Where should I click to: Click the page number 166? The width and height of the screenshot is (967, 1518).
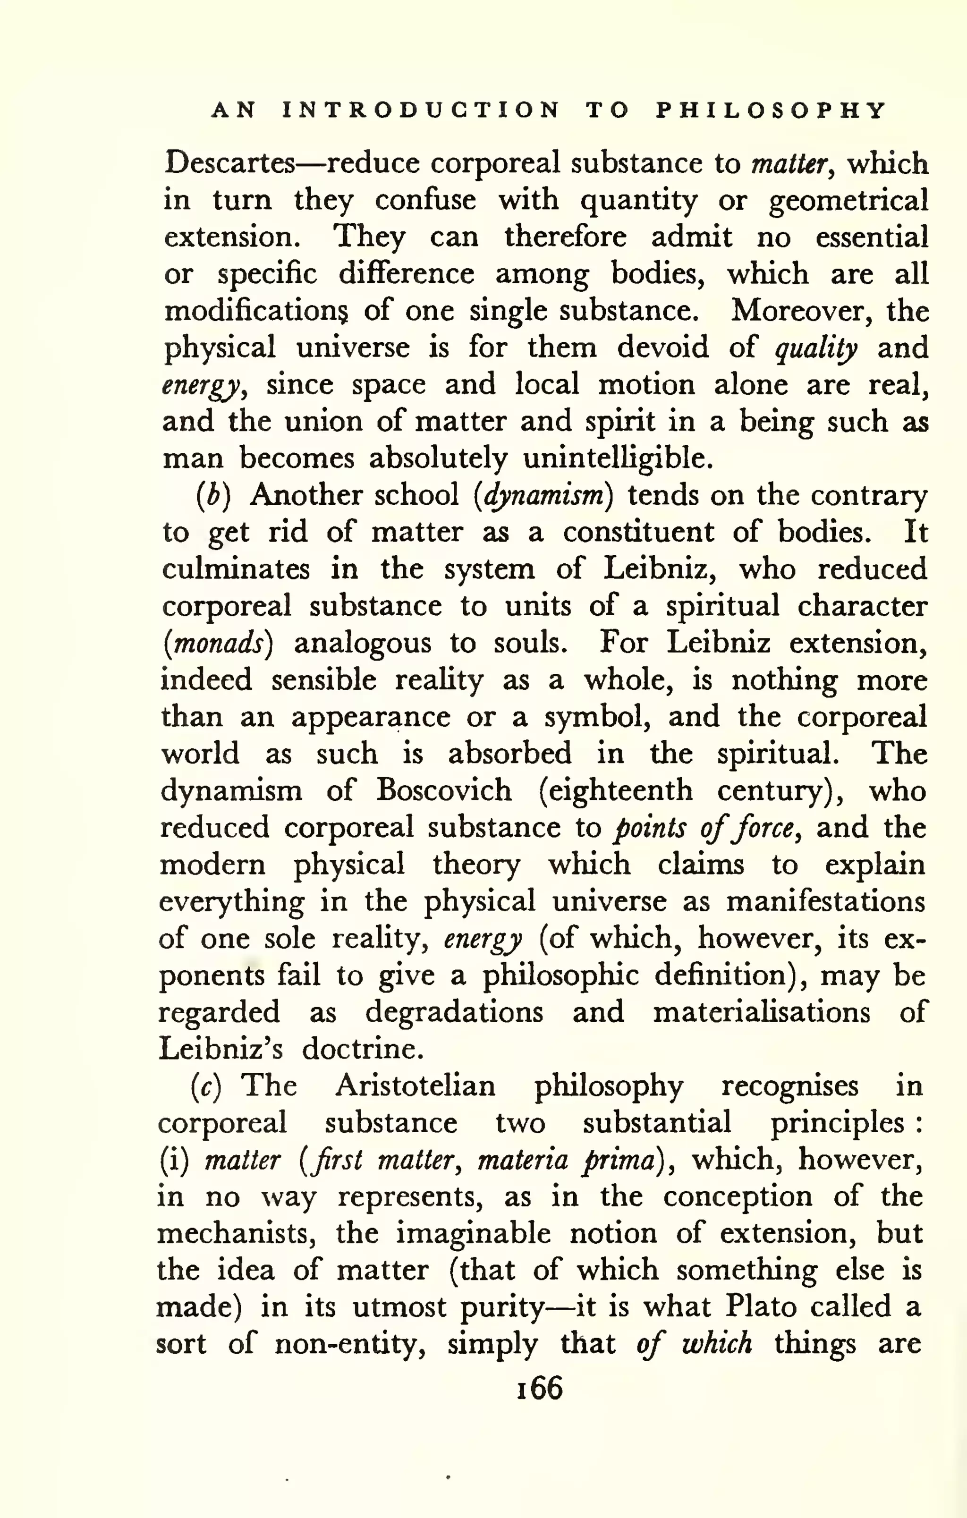(539, 1388)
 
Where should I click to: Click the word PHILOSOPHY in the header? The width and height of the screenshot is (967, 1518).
(771, 111)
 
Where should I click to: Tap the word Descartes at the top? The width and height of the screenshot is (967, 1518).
(229, 164)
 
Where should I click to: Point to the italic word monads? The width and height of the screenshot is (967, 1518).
(218, 644)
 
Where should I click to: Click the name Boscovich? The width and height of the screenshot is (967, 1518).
(444, 790)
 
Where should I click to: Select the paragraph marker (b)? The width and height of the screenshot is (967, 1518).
(213, 496)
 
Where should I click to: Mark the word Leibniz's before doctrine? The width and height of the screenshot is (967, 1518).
(220, 1049)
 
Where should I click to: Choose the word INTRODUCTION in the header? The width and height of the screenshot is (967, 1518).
(420, 111)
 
